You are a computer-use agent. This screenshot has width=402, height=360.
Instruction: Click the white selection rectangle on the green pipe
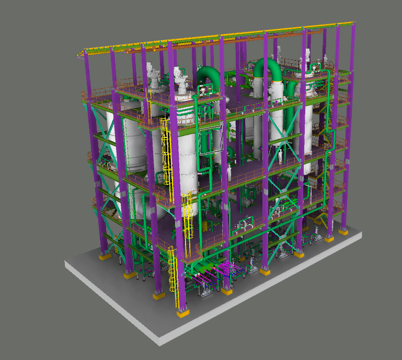coord(211,140)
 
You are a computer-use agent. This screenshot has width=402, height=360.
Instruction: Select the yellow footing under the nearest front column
coord(182,313)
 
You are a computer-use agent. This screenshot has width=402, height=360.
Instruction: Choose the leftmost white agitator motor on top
coord(153,75)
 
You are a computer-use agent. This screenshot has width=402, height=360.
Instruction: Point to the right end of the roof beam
coord(354,23)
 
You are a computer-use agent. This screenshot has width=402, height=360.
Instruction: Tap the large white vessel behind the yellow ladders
coord(186,157)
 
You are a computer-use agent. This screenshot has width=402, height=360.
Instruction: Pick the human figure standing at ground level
coord(252,261)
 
